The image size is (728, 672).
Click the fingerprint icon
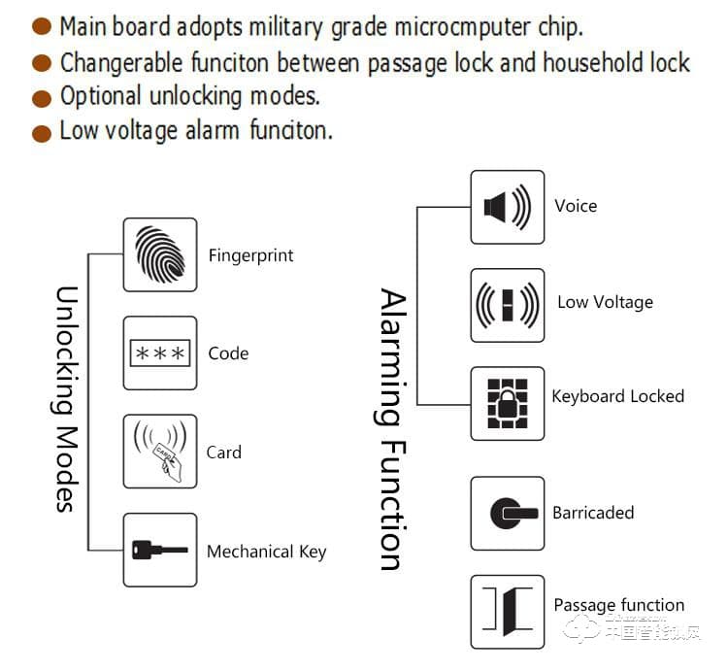click(159, 254)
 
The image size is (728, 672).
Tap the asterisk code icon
click(159, 353)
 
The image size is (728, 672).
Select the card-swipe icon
click(159, 452)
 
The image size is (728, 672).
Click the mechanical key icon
click(159, 551)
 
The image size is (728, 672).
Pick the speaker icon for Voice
click(507, 207)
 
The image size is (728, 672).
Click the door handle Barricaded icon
click(507, 513)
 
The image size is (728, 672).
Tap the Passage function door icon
click(507, 612)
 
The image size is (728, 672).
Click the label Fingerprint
click(250, 256)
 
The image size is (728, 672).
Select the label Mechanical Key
click(266, 552)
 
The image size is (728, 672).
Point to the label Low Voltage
click(605, 302)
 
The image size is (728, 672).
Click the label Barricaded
click(593, 513)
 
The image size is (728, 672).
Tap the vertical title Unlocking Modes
click(64, 398)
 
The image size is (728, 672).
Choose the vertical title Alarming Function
click(389, 428)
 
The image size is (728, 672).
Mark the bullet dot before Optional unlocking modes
click(42, 97)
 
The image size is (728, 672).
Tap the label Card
click(223, 453)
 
